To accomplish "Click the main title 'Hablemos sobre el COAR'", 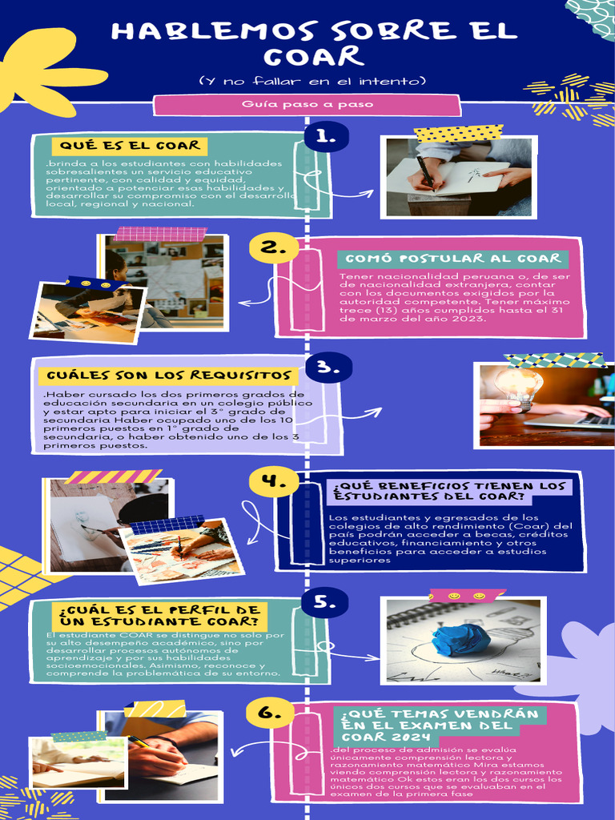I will tap(314, 44).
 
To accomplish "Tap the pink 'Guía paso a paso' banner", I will tap(307, 105).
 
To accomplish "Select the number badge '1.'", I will tap(325, 137).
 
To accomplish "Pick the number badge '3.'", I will tap(328, 368).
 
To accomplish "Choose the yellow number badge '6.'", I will tap(270, 712).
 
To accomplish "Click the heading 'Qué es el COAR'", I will tap(129, 146).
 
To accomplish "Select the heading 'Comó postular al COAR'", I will tap(453, 259).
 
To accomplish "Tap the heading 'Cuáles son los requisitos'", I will tap(168, 375).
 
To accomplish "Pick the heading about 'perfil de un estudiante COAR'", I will tap(159, 616).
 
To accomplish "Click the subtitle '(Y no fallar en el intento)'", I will tap(312, 81).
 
